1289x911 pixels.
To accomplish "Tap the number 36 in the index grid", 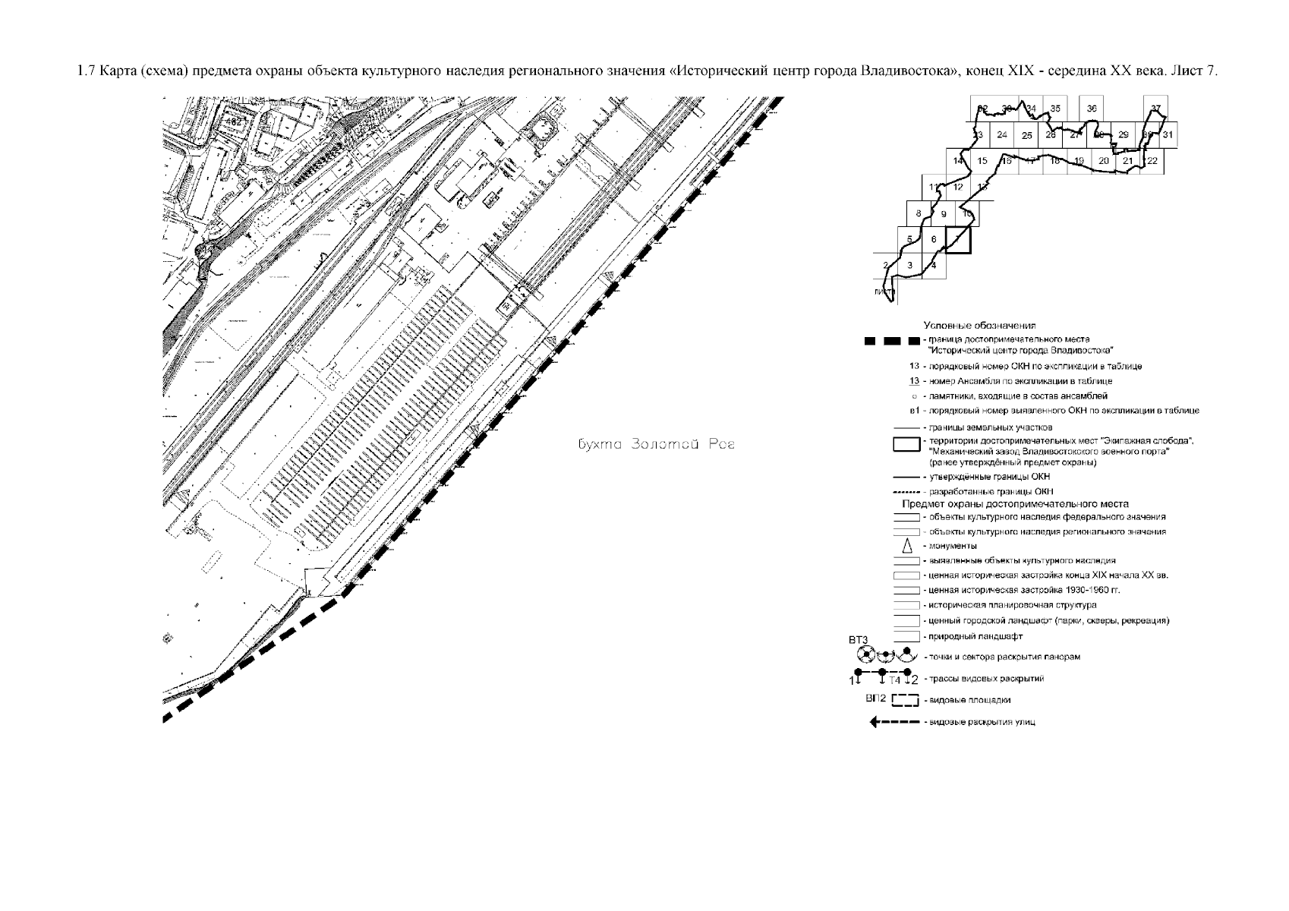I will pos(1092,109).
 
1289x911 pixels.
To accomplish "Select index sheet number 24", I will pos(1002,135).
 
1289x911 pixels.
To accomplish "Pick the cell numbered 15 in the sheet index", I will pos(982,161).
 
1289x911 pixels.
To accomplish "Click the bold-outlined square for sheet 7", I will pos(959,240).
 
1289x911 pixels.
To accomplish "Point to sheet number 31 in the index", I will pos(1168,135).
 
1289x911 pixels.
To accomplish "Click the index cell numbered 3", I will pos(909,265).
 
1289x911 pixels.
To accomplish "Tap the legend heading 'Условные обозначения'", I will pos(979,325).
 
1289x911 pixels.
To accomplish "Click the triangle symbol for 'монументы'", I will pos(906,546).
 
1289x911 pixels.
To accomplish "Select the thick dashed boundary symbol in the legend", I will pos(893,340).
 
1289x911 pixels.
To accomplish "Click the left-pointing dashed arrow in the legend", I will pos(895,722).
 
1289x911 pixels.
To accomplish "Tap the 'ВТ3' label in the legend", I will pos(858,639).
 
